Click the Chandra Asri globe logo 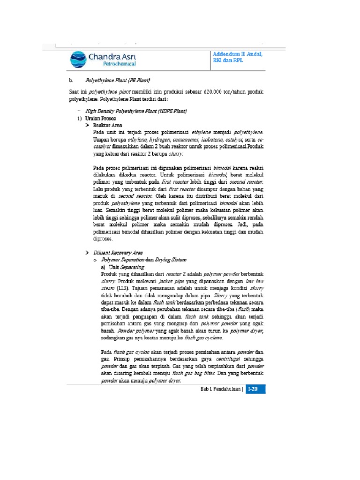(78, 60)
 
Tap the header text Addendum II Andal (238, 54)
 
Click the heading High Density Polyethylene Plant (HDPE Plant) (136, 111)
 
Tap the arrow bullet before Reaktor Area (87, 126)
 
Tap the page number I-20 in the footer (256, 389)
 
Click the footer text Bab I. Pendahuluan (221, 389)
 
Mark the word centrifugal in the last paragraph (229, 359)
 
